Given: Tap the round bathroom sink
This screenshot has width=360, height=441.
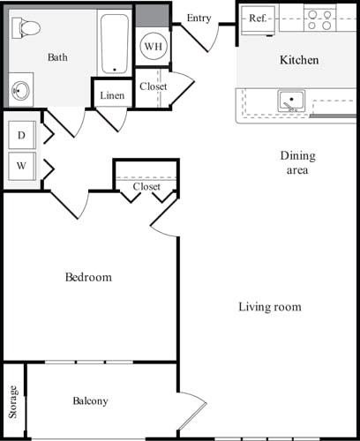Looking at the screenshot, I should tap(19, 90).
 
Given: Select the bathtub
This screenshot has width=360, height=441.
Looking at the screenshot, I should tap(113, 43).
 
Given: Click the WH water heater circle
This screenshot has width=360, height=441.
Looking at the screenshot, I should tap(153, 45).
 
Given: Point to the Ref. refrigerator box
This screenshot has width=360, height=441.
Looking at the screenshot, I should tap(258, 19).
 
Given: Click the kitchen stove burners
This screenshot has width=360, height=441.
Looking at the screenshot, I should tap(320, 19).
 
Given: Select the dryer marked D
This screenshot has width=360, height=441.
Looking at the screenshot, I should tap(20, 136).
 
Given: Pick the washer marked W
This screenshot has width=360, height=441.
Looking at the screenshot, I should tap(20, 165).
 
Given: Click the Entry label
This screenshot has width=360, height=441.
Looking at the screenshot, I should tap(199, 18).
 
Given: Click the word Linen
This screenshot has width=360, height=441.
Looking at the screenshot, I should tap(112, 95).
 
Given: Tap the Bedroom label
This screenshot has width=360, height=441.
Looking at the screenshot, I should tap(89, 277).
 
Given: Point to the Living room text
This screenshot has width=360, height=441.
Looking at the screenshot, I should tap(270, 307).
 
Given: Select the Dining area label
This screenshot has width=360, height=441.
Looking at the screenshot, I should tap(297, 163).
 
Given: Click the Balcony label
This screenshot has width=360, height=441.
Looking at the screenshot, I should tap(90, 401).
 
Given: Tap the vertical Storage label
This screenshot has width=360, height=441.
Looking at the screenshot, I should tap(13, 402).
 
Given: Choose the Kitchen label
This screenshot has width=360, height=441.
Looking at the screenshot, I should tap(299, 60).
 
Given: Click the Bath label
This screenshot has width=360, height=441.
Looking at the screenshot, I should tap(57, 57).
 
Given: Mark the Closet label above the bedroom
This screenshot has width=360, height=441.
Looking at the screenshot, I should tap(146, 187).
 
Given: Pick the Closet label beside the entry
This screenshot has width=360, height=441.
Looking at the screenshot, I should tap(153, 86).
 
